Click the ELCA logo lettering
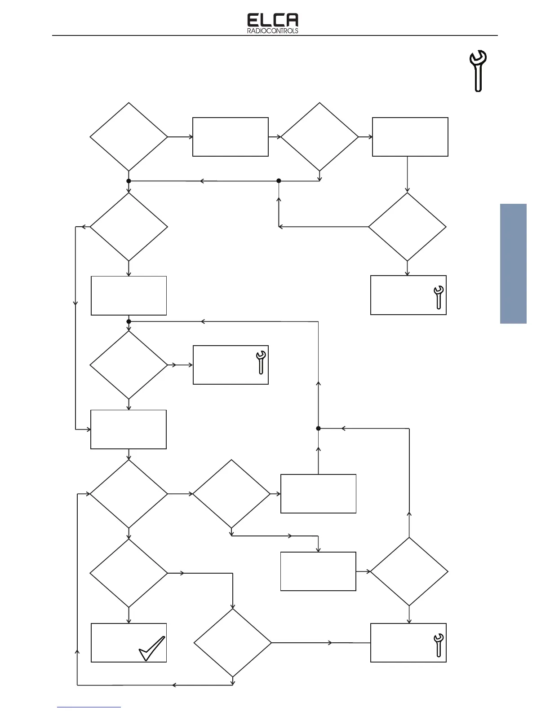[x=273, y=20]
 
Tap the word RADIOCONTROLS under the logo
[x=273, y=31]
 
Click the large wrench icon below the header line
[x=478, y=71]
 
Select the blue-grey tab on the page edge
[x=513, y=263]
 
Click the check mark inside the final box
[x=152, y=648]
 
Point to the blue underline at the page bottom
[x=89, y=707]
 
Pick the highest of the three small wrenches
[x=439, y=297]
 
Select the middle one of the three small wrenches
[x=261, y=362]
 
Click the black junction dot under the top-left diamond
[x=129, y=181]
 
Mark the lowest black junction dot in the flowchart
[x=318, y=428]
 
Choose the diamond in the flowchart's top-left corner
[x=129, y=136]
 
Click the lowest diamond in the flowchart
[x=233, y=642]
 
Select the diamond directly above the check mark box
[x=129, y=573]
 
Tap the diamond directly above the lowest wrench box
[x=409, y=571]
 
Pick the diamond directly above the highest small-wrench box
[x=407, y=227]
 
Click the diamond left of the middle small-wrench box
[x=129, y=364]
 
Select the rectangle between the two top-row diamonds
[x=231, y=137]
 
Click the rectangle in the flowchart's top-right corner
[x=410, y=137]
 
